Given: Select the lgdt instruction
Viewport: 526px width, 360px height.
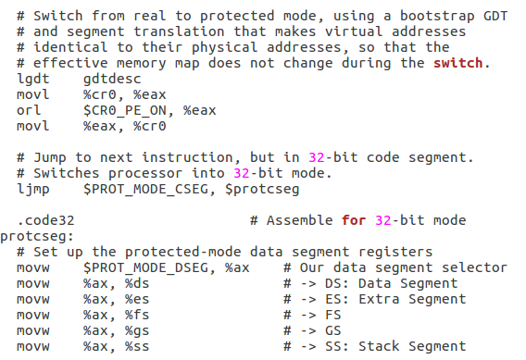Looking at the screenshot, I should [33, 79].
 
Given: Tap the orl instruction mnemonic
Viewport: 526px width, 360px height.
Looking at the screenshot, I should [30, 110].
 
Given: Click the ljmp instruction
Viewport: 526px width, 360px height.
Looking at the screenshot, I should [33, 189].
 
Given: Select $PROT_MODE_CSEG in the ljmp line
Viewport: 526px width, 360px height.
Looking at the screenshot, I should [140, 189].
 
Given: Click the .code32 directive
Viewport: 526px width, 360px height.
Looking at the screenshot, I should [45, 220].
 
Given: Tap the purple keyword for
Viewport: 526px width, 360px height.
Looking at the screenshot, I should [353, 220].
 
